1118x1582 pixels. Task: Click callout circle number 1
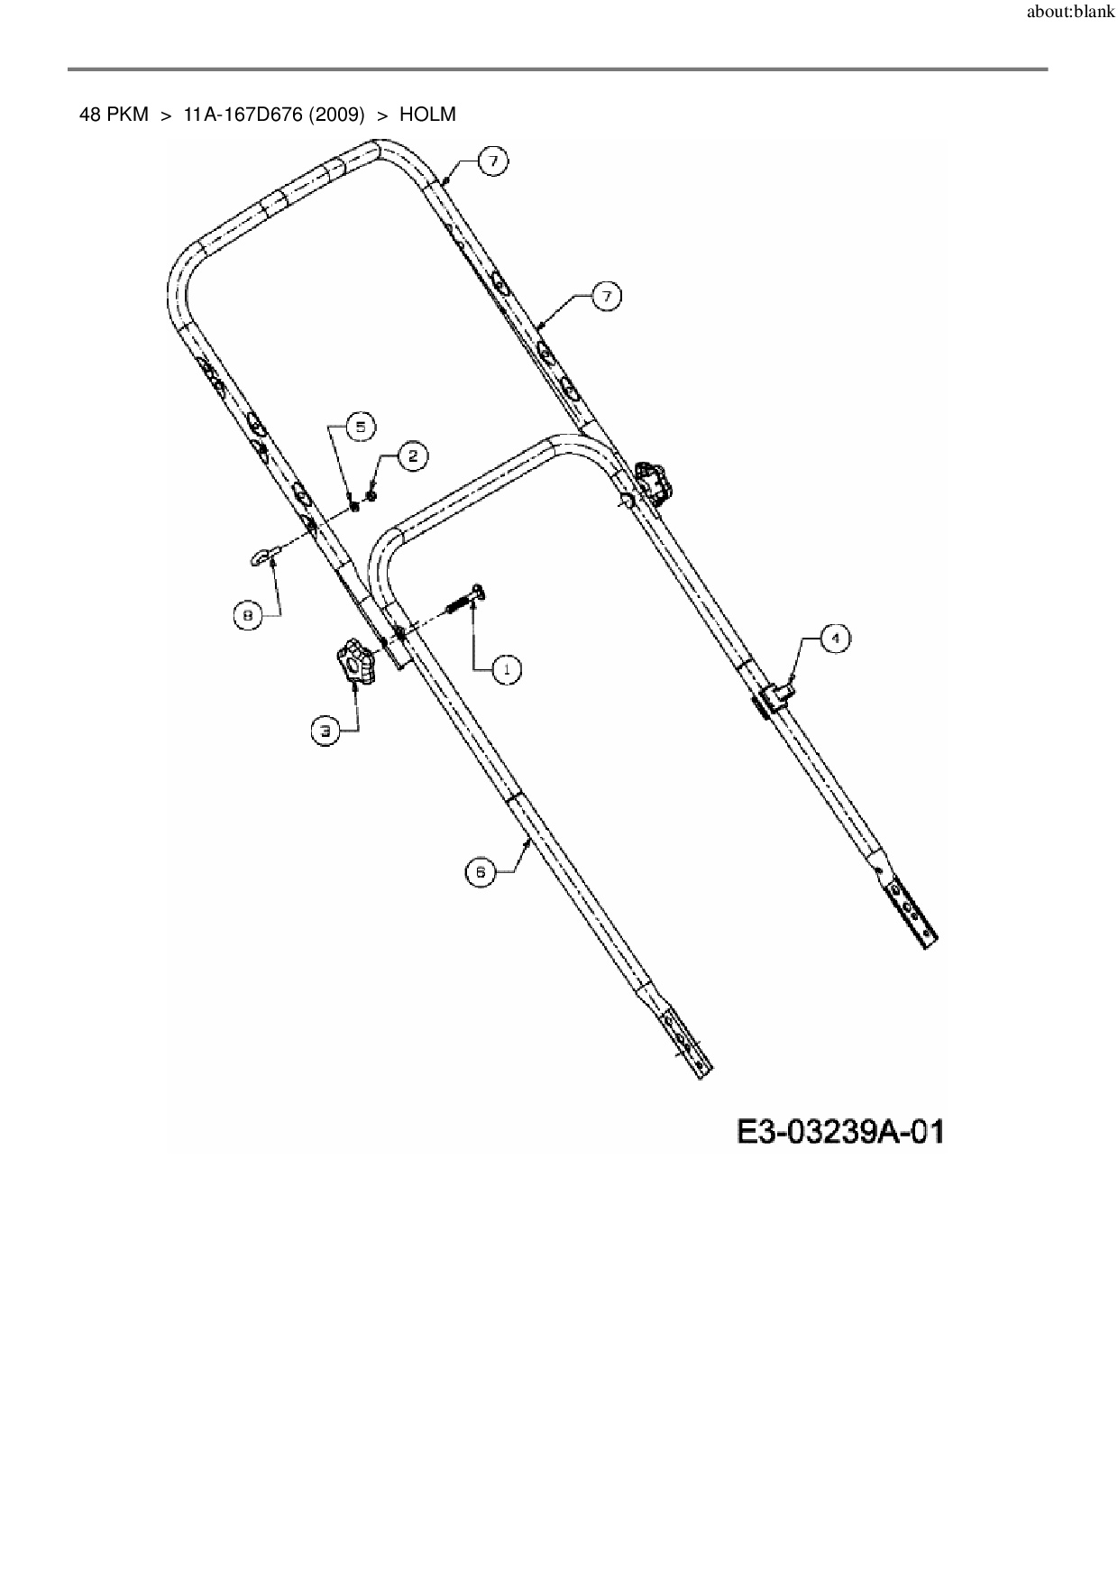[x=507, y=669]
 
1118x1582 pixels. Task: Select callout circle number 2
[x=412, y=456]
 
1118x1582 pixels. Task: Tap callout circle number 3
[x=326, y=731]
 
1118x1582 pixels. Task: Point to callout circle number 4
[x=836, y=639]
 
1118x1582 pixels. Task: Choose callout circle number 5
[x=360, y=427]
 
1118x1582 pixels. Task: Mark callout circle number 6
[x=481, y=872]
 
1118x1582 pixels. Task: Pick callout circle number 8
[x=247, y=615]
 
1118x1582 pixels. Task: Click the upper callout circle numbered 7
[x=492, y=161]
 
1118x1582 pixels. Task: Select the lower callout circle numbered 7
[x=607, y=296]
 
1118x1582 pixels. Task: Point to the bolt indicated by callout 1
[x=463, y=600]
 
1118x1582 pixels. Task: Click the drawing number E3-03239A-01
[x=840, y=1132]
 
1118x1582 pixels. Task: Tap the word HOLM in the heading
[x=427, y=115]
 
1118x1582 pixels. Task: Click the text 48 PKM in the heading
[x=115, y=115]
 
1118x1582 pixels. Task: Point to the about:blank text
[x=1070, y=14]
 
